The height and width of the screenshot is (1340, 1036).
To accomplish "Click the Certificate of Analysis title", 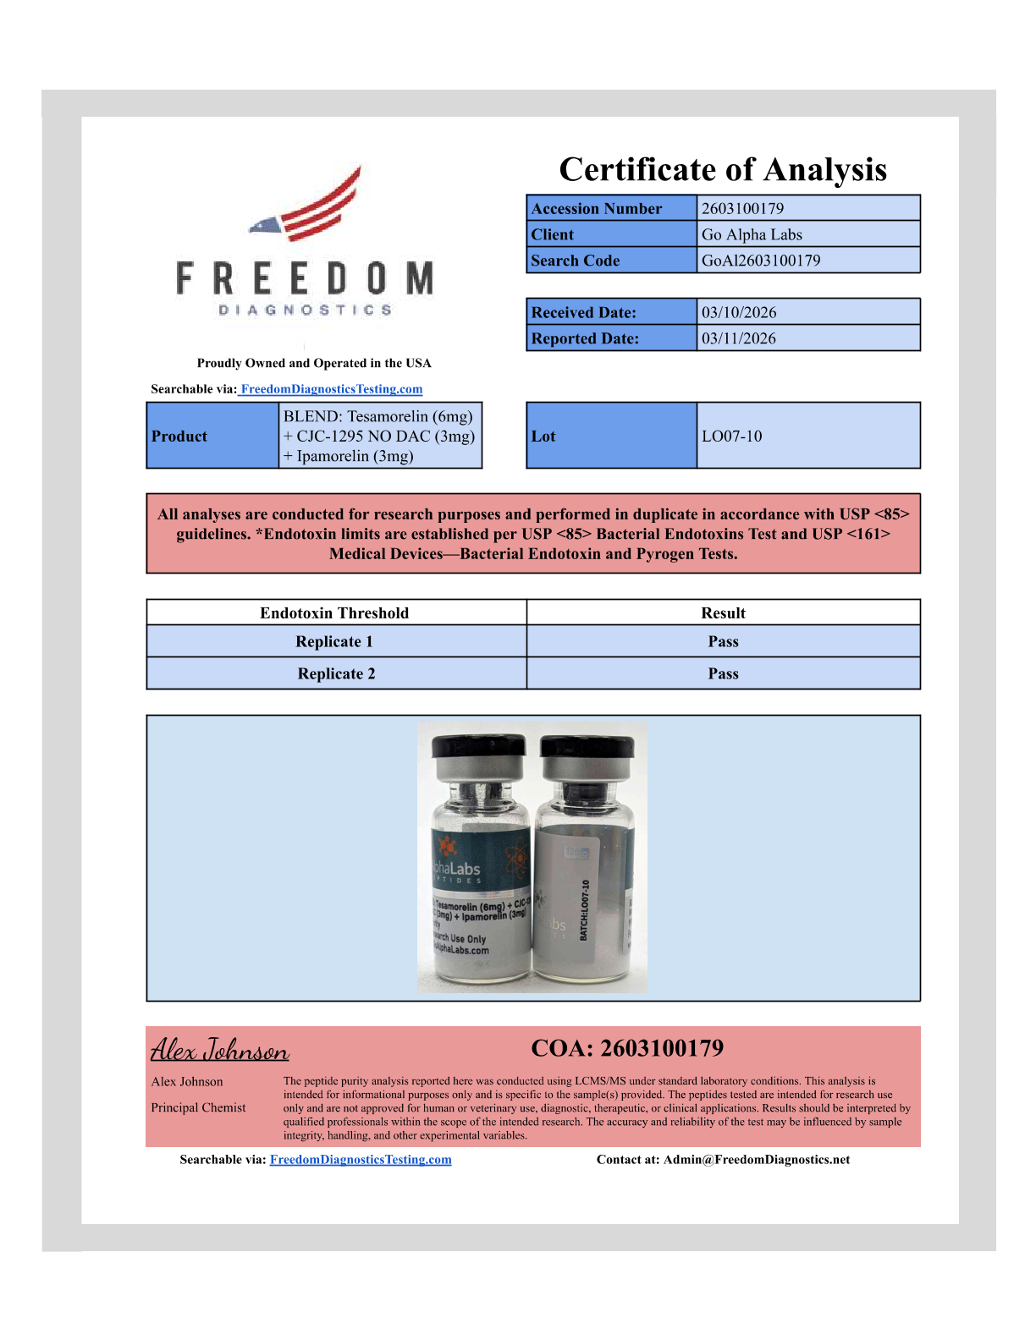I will coord(723,170).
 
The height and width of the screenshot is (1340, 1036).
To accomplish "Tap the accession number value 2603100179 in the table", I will coord(742,208).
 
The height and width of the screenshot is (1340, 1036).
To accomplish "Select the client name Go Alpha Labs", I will coord(752,234).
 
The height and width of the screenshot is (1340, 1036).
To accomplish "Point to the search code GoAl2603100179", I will coord(761,261).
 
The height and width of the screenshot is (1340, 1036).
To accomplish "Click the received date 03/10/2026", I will coord(739,312).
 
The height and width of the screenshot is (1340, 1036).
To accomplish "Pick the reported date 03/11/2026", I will coord(739,338).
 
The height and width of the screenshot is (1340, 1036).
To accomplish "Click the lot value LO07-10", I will coord(731,437).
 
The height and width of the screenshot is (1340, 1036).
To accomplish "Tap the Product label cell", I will coord(179,437).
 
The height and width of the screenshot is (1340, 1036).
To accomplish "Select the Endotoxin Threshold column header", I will coord(334,612).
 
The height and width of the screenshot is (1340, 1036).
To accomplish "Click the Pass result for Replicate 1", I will coord(723,641).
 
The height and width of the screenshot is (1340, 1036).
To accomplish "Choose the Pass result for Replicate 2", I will coord(723,673).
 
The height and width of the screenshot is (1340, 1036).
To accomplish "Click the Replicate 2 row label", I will coord(336,673).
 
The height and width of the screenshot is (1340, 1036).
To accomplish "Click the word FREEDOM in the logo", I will coord(305,279).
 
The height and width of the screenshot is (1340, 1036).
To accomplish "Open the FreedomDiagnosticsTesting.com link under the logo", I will coord(331,389).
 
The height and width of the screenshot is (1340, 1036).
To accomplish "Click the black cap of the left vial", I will coord(478,746).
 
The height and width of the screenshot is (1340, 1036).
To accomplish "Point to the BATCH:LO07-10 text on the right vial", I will coord(584,910).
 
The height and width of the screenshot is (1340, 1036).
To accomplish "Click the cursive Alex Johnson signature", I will coord(220,1051).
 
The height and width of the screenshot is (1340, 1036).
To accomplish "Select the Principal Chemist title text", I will coord(198,1107).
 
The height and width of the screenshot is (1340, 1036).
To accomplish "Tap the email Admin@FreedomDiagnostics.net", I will coord(757,1160).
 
